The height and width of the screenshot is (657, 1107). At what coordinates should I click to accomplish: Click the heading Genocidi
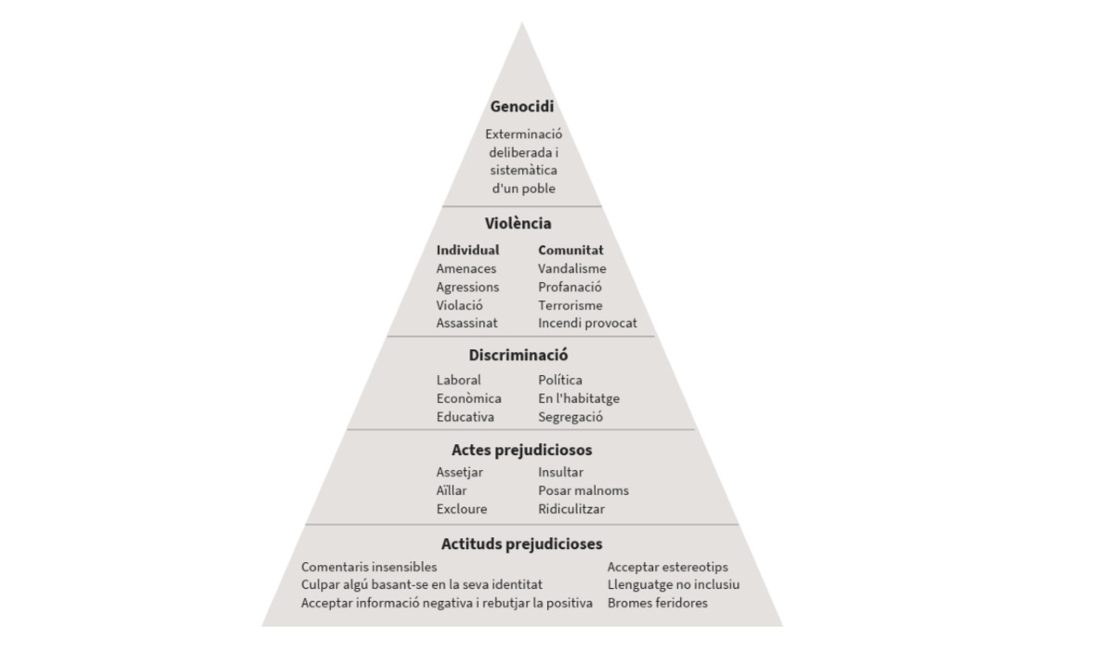522,106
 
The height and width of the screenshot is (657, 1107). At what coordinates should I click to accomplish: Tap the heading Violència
518,223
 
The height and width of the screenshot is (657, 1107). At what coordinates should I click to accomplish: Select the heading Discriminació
518,355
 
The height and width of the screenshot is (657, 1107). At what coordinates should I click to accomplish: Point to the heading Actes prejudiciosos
522,450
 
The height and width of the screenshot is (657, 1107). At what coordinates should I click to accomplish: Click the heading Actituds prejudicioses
522,544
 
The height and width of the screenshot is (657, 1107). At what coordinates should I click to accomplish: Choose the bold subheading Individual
468,250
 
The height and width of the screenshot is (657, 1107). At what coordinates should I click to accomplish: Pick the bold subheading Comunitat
571,251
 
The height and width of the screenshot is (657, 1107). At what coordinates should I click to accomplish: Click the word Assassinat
467,323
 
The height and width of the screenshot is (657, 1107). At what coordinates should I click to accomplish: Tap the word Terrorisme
570,305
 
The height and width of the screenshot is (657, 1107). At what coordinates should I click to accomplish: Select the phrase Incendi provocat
588,323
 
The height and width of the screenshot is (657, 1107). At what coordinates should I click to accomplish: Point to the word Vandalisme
572,268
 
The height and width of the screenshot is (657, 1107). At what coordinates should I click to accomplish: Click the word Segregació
571,417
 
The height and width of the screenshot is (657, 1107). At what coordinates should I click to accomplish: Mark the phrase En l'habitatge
578,398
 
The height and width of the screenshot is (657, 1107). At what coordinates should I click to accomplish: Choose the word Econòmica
469,398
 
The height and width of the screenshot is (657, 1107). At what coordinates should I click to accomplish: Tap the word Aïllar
451,490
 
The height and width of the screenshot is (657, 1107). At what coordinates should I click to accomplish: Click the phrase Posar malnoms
584,490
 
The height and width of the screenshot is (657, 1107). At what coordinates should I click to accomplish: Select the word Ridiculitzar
571,509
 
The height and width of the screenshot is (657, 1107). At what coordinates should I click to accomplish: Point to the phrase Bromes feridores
658,603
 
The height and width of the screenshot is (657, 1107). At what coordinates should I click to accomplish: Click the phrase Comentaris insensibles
369,567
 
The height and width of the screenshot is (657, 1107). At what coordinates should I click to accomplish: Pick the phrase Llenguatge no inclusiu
673,584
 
